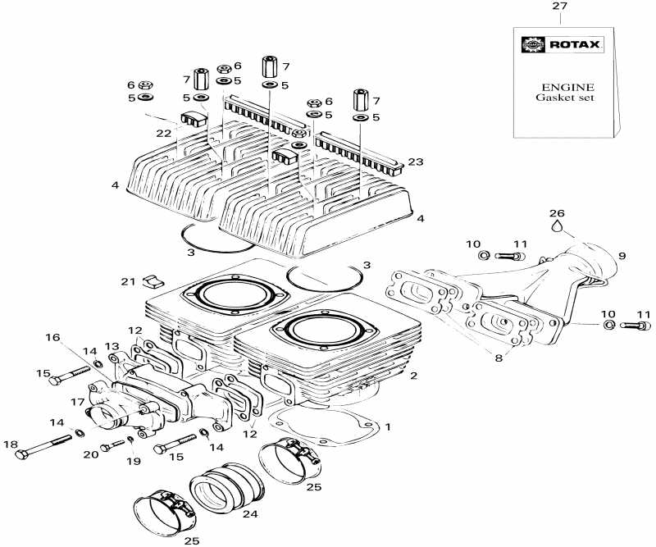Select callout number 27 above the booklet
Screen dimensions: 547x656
(559, 7)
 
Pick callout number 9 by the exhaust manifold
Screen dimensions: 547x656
(621, 256)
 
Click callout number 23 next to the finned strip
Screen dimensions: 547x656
(415, 162)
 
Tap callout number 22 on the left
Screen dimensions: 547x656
(164, 134)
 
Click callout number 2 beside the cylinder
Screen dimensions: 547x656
(414, 376)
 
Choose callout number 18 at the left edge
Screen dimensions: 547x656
(10, 444)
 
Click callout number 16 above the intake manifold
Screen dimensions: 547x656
(52, 337)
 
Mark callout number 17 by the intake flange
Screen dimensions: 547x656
(77, 402)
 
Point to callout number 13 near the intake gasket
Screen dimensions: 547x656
(112, 346)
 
